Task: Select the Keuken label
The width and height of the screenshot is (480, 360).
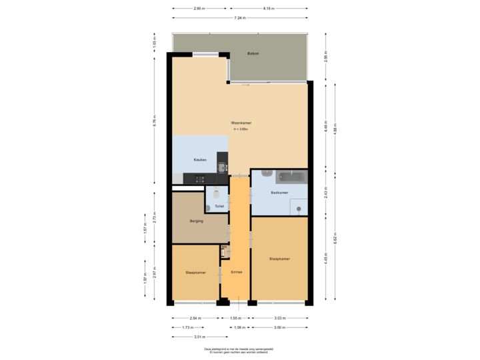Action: click(199, 160)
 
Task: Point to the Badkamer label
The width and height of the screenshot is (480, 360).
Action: click(279, 193)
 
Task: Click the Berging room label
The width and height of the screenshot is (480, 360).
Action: click(196, 221)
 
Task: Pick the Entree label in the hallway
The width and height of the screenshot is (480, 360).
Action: click(236, 272)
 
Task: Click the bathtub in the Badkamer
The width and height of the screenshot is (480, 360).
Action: click(292, 177)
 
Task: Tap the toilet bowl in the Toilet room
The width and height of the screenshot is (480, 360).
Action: click(215, 194)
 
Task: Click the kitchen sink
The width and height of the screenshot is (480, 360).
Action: click(221, 167)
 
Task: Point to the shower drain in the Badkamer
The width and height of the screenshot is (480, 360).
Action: click(298, 209)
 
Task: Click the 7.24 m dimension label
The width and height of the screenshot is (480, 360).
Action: click(239, 17)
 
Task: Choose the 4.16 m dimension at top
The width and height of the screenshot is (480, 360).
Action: click(268, 9)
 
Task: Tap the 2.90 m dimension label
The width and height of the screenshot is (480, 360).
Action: click(198, 9)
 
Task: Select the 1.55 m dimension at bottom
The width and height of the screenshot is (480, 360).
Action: click(235, 319)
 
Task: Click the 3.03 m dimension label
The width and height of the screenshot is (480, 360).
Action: click(280, 319)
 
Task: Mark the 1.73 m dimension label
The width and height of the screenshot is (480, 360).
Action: click(187, 327)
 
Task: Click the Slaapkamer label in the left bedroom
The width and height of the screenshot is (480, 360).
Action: click(195, 273)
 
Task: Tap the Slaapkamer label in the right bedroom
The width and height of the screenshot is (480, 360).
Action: click(279, 259)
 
